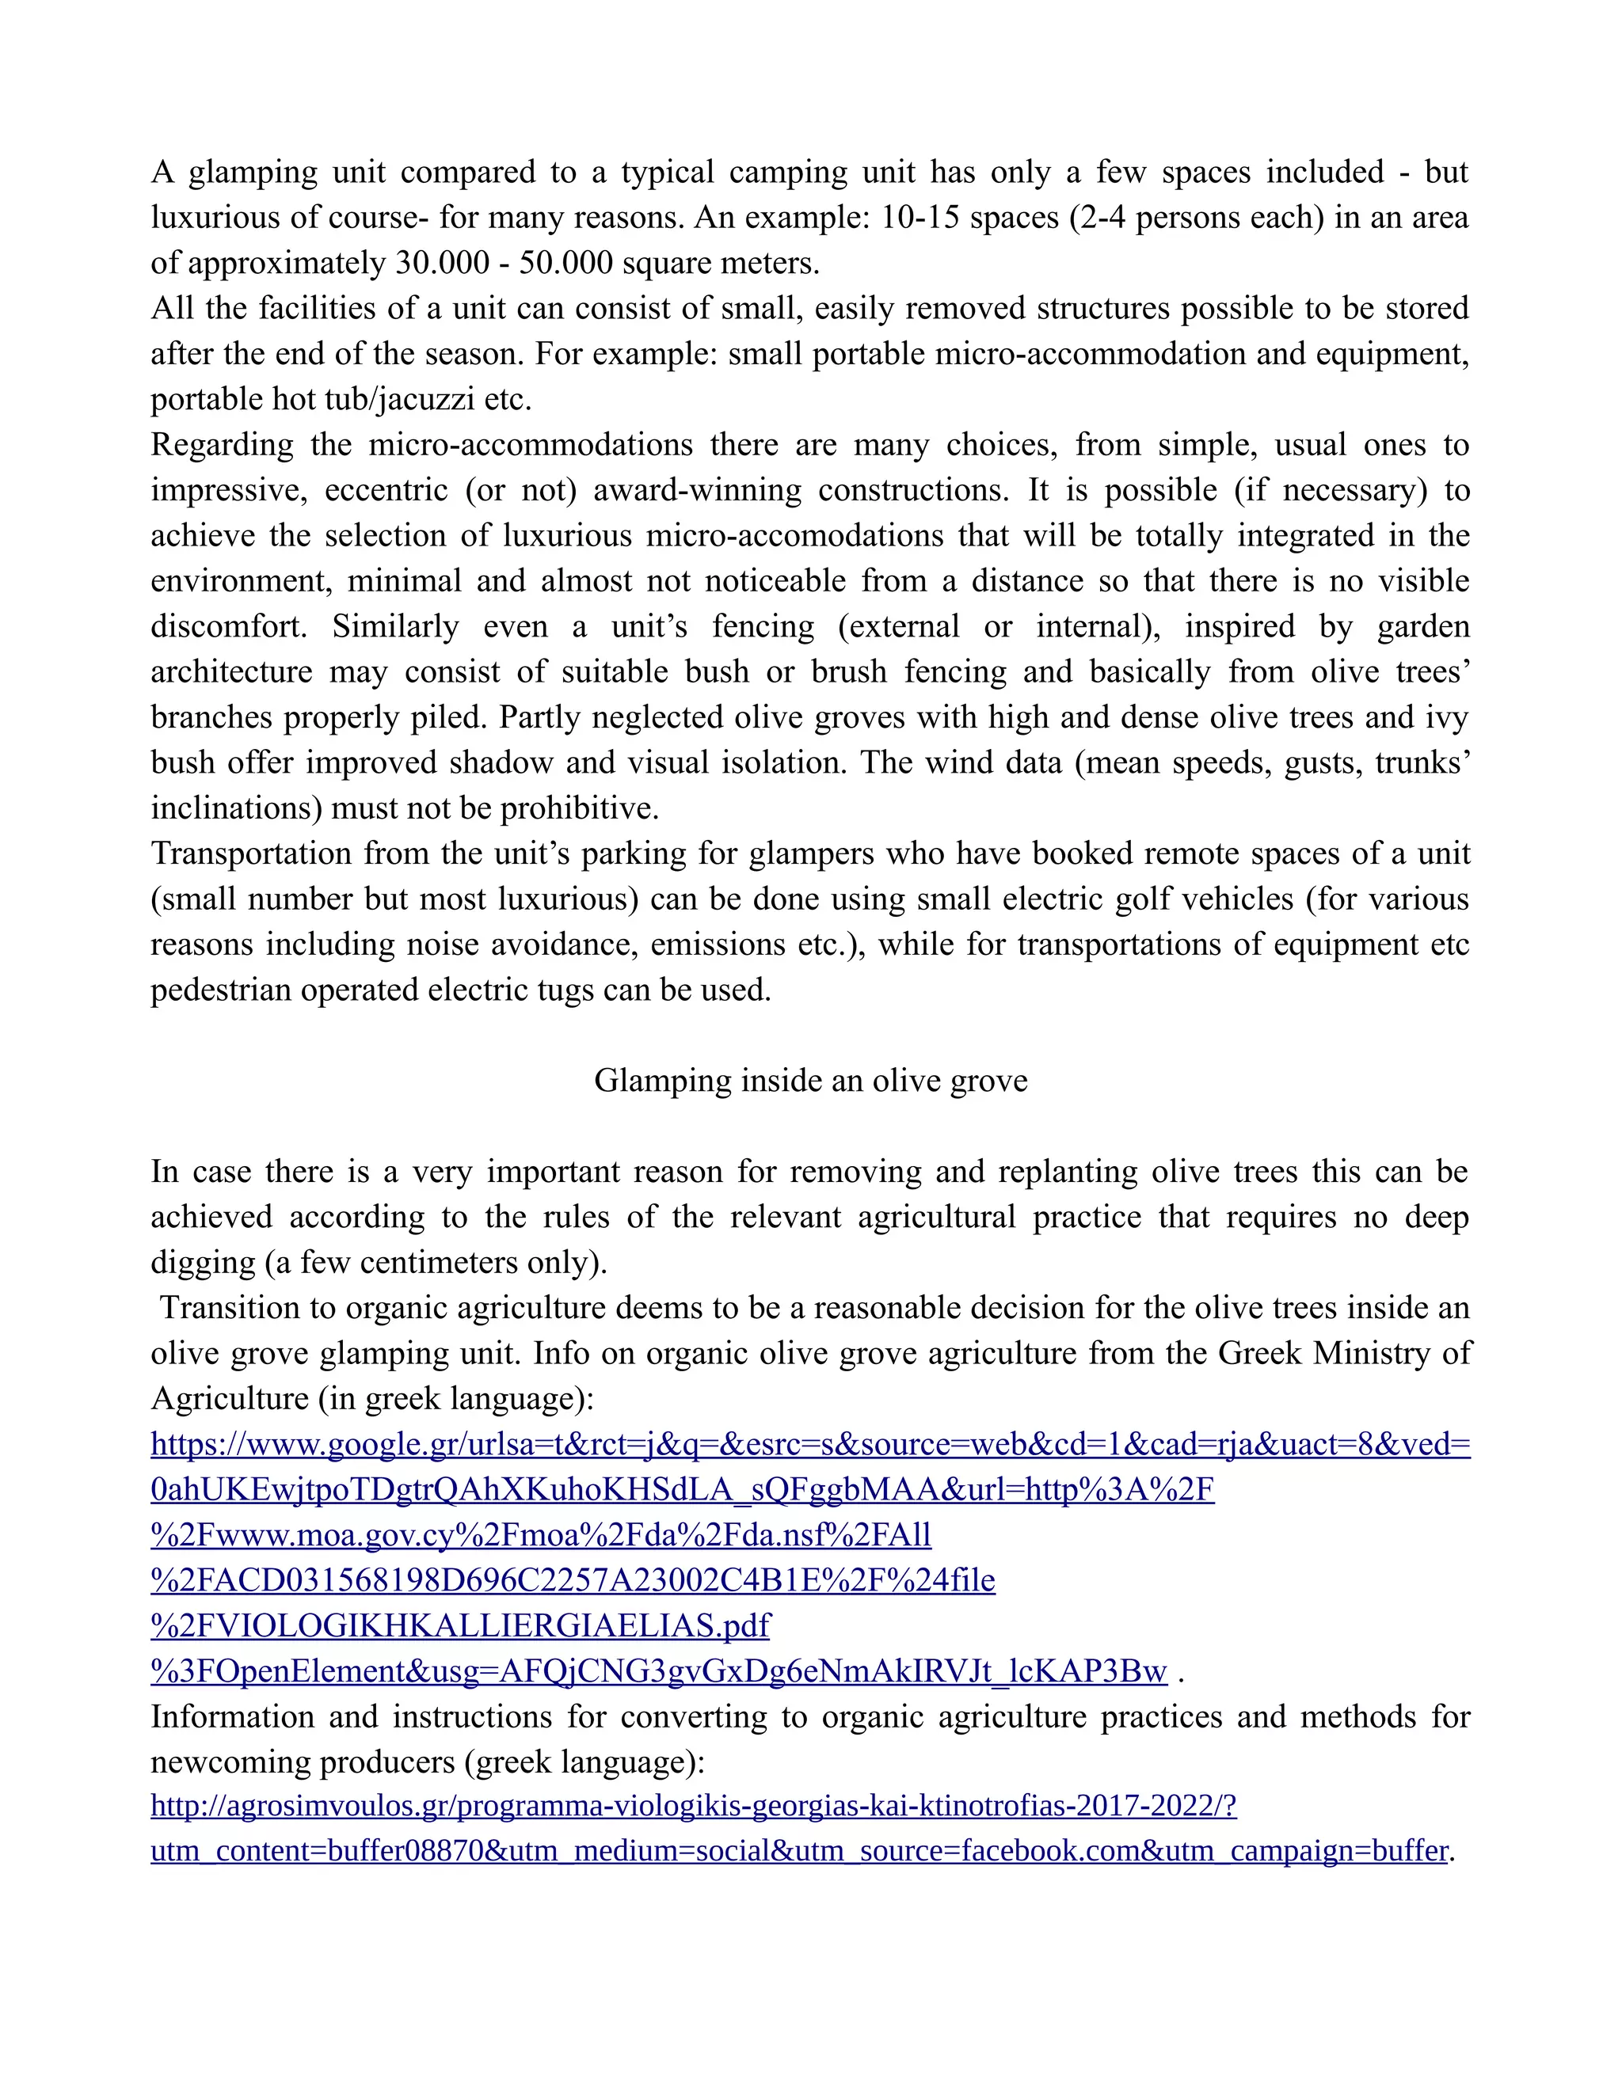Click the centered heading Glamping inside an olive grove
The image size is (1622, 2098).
[x=810, y=1081]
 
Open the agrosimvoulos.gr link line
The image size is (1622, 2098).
[x=693, y=1806]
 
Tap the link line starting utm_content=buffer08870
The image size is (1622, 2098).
[x=798, y=1851]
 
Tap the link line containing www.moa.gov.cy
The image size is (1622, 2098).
[x=540, y=1535]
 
